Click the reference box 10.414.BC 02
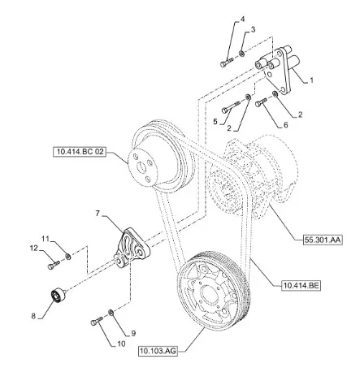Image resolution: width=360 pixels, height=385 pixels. click(79, 152)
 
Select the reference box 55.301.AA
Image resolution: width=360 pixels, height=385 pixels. click(323, 240)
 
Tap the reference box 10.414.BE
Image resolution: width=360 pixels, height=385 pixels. click(301, 286)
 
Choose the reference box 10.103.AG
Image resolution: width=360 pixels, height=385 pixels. click(158, 351)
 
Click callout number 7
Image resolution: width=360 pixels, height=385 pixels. click(98, 214)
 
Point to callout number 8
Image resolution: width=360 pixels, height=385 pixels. click(33, 316)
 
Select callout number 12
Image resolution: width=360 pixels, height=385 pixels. click(34, 248)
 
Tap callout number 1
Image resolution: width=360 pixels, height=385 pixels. click(311, 80)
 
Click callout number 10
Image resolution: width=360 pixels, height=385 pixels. click(121, 344)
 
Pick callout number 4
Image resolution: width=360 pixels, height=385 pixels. click(242, 19)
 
